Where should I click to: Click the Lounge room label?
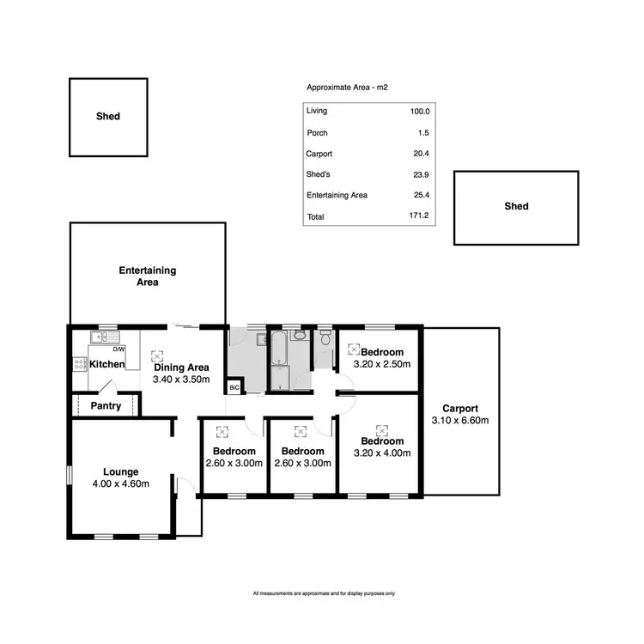point(121,471)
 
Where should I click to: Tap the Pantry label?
point(105,406)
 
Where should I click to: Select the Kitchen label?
point(107,365)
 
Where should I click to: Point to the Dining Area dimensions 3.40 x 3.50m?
point(181,379)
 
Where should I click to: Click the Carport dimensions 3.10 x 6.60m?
point(459,421)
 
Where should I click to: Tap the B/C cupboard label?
point(234,388)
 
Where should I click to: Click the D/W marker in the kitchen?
point(119,349)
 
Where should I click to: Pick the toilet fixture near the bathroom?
point(324,341)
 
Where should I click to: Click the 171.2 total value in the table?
point(418,216)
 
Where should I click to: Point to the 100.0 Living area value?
point(419,112)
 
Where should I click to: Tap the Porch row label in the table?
point(317,133)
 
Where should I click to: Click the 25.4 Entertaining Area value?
point(420,196)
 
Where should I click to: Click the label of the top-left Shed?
point(108,116)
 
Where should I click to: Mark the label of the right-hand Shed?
point(516,206)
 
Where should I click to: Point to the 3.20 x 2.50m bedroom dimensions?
point(382,364)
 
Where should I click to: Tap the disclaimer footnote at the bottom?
point(324,593)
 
